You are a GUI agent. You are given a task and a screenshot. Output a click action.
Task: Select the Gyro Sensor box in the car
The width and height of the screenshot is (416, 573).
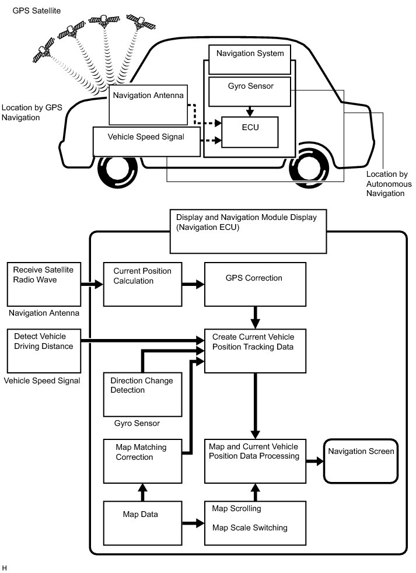pos(250,91)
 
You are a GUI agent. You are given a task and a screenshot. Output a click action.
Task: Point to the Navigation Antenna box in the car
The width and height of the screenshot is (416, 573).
pos(148,104)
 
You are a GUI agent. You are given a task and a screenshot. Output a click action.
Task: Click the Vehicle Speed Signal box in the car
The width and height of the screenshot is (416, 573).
pos(146,141)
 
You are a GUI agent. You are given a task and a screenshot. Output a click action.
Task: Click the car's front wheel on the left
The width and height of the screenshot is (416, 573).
pos(118,173)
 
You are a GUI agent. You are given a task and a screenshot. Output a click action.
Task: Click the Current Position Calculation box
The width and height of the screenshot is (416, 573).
pos(135,284)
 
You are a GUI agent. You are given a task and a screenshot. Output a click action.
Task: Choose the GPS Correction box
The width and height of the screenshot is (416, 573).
pos(255,284)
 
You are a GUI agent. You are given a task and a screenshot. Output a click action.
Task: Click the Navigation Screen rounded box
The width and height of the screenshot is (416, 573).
pos(361,460)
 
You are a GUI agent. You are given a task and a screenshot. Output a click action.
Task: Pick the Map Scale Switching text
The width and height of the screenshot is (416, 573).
pos(250,528)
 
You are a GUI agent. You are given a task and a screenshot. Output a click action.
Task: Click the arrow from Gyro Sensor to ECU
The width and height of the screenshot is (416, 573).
pos(250,110)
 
